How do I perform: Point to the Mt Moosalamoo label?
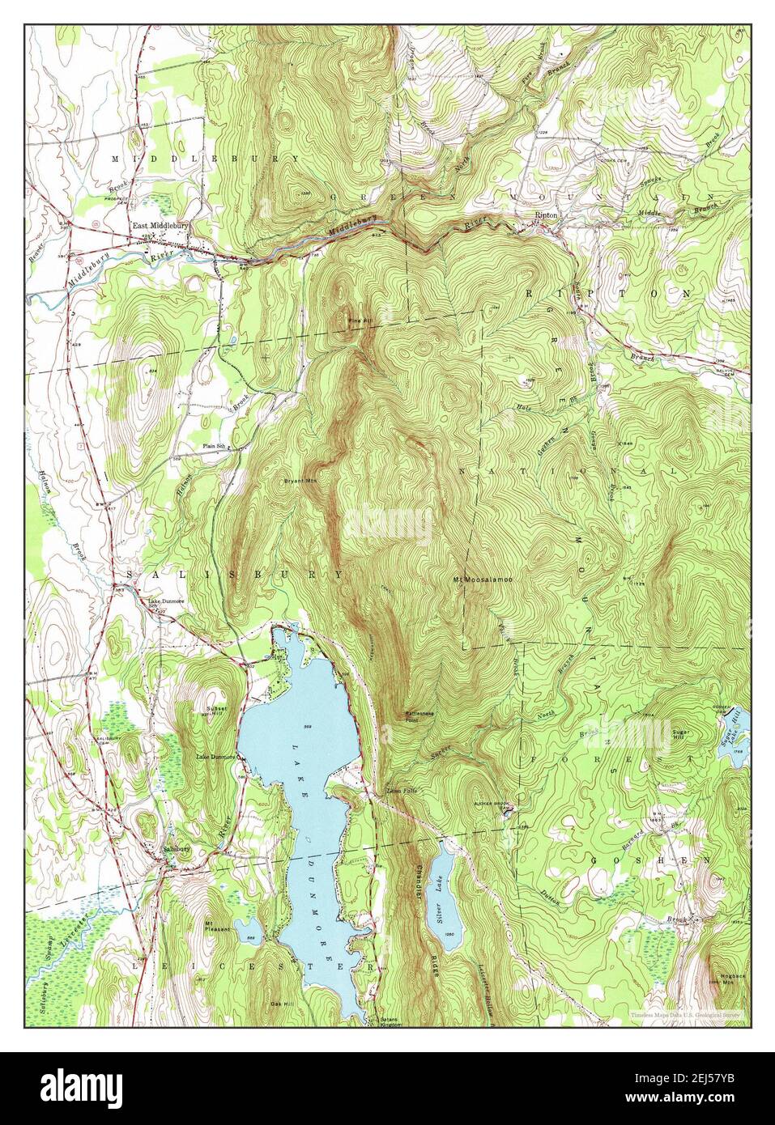pos(483,579)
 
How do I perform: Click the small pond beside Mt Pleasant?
pos(245,925)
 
